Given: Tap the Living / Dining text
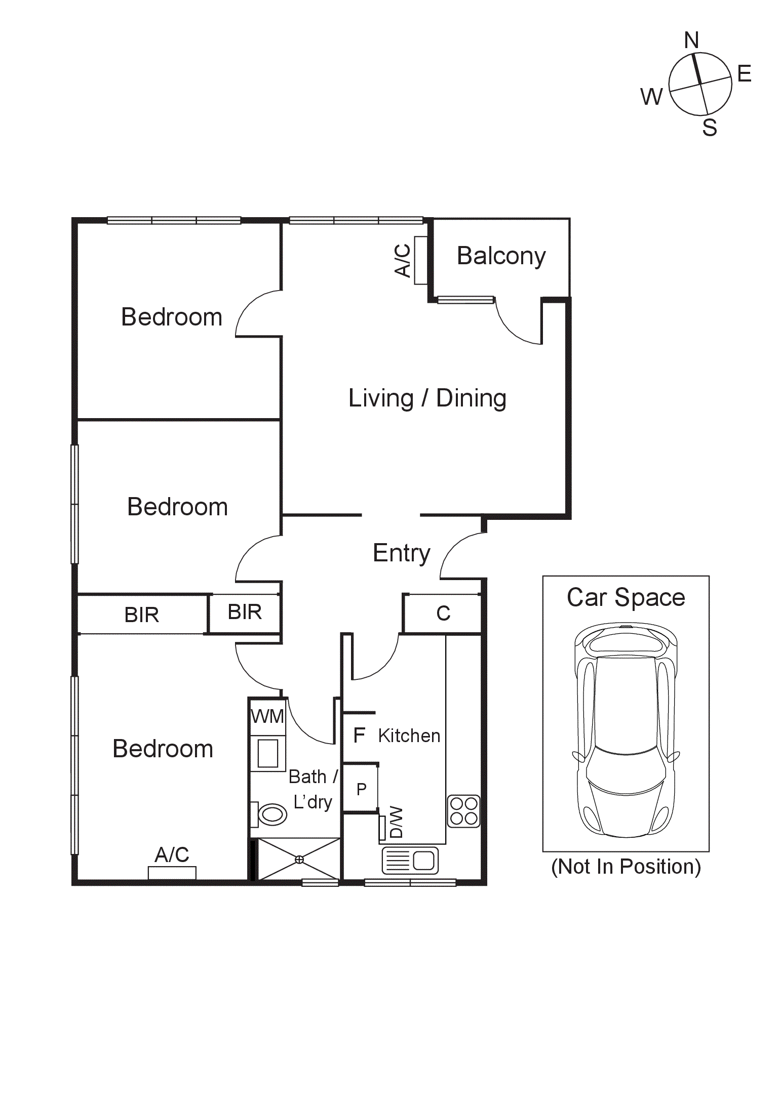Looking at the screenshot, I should pyautogui.click(x=427, y=398).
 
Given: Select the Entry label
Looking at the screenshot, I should pyautogui.click(x=401, y=553).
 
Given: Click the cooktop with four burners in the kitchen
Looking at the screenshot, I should pyautogui.click(x=463, y=811).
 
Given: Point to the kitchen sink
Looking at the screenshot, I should pyautogui.click(x=410, y=861).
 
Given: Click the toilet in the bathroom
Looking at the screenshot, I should pyautogui.click(x=270, y=814).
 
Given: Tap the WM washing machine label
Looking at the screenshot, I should pyautogui.click(x=267, y=716).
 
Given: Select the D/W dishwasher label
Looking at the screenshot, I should pyautogui.click(x=397, y=822).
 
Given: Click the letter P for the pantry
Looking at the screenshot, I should pyautogui.click(x=361, y=789).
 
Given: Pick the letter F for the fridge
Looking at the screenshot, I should pyautogui.click(x=359, y=735).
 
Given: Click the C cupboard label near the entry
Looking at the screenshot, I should pyautogui.click(x=443, y=614).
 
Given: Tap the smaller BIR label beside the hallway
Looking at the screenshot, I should pyautogui.click(x=245, y=612).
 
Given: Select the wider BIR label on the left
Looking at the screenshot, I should pyautogui.click(x=142, y=615).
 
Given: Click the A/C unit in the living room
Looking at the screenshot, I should pyautogui.click(x=420, y=260).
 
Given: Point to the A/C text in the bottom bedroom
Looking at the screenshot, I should pyautogui.click(x=172, y=855).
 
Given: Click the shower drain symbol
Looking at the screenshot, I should pyautogui.click(x=299, y=859).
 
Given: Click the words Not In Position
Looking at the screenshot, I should pyautogui.click(x=626, y=867).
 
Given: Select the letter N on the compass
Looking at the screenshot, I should pyautogui.click(x=691, y=40).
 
